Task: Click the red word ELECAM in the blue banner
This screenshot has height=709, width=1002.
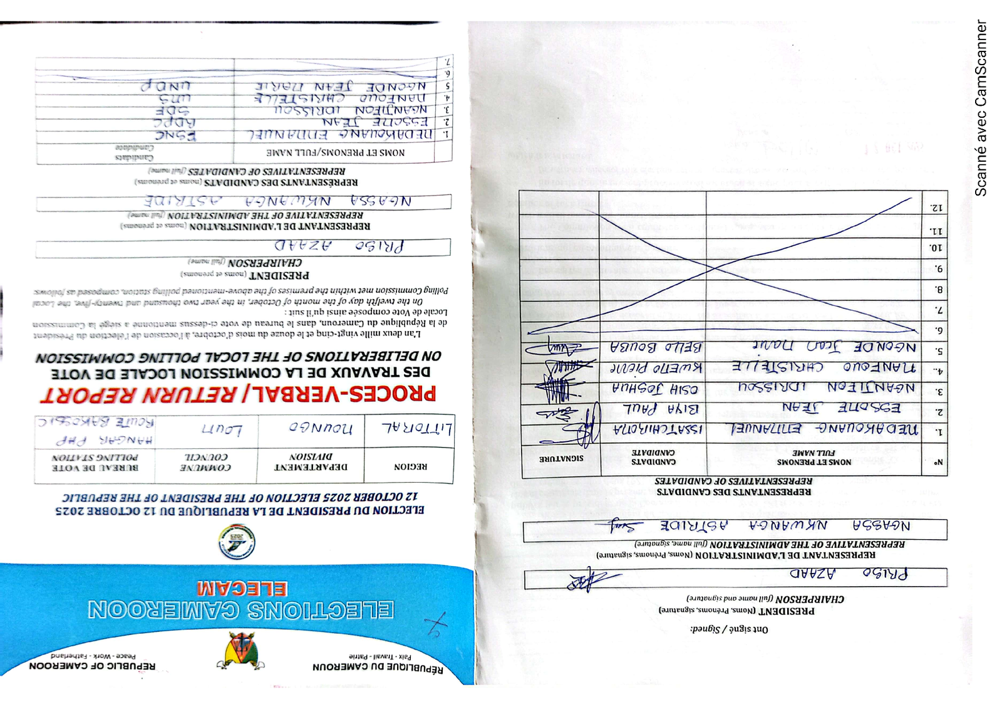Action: tap(242, 589)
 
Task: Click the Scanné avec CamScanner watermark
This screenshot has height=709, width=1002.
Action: tap(981, 108)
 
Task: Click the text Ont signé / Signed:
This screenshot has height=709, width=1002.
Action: tap(729, 629)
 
